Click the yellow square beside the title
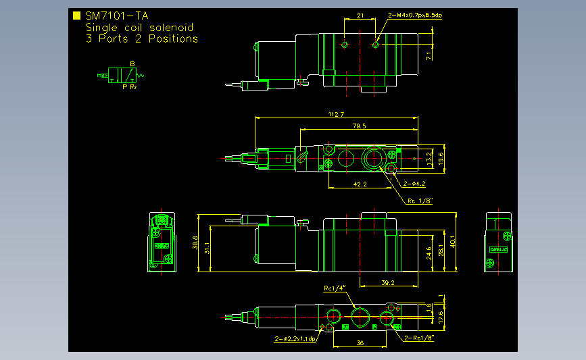click(x=76, y=16)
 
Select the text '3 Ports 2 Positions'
click(x=141, y=38)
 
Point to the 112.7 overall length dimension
click(x=335, y=114)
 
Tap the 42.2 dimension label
click(x=360, y=184)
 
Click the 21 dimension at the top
click(x=360, y=15)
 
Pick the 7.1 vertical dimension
click(x=428, y=56)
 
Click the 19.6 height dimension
click(x=441, y=158)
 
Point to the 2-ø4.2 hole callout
click(x=414, y=183)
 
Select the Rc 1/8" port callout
click(x=419, y=200)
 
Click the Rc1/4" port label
click(x=334, y=288)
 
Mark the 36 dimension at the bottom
click(x=360, y=343)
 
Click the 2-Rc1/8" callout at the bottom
click(x=419, y=338)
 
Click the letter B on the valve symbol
click(x=132, y=64)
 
